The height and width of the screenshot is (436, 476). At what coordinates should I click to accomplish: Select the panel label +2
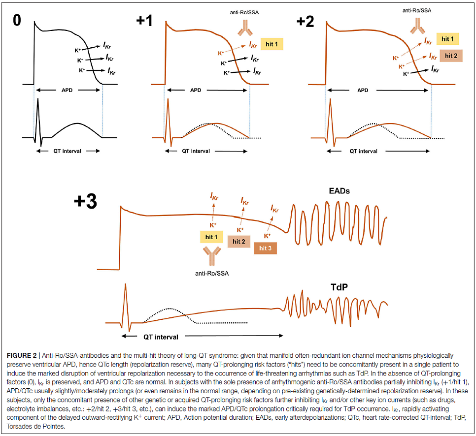pyautogui.click(x=306, y=22)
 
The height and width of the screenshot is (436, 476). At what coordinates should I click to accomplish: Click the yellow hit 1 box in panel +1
pyautogui.click(x=272, y=45)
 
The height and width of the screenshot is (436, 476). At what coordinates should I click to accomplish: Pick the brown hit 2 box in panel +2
pyautogui.click(x=451, y=56)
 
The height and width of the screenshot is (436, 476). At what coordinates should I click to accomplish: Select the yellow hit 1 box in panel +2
pyautogui.click(x=447, y=39)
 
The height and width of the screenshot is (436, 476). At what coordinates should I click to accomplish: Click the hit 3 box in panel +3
pyautogui.click(x=265, y=248)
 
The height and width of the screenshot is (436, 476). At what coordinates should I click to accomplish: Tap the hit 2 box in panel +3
pyautogui.click(x=239, y=241)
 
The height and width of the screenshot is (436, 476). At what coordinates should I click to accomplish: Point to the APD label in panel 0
pyautogui.click(x=68, y=91)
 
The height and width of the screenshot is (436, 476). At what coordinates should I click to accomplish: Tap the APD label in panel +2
pyautogui.click(x=362, y=91)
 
